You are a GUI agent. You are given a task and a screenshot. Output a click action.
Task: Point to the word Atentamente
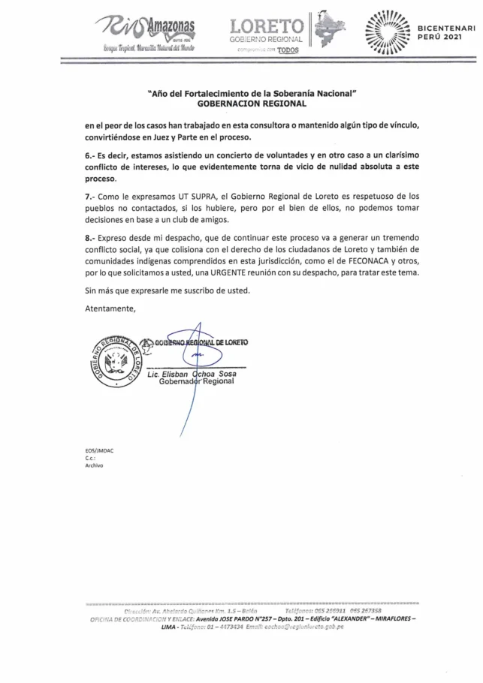pos(110,308)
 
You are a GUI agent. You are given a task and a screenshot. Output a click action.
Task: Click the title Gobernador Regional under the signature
pos(197,382)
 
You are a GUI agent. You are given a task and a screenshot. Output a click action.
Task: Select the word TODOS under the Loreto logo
pos(288,50)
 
